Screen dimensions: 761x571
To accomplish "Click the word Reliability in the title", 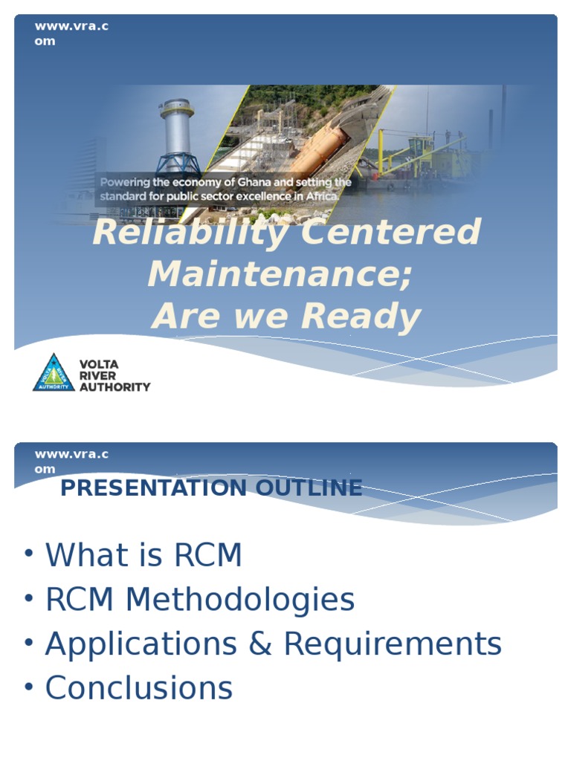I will pyautogui.click(x=190, y=233).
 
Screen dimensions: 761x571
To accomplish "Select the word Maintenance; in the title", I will pyautogui.click(x=280, y=274).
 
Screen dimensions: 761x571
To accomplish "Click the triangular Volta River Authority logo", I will pyautogui.click(x=54, y=373).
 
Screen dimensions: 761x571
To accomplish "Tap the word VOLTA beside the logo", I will pyautogui.click(x=99, y=364).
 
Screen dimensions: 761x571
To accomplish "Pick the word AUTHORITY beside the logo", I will pyautogui.click(x=114, y=386).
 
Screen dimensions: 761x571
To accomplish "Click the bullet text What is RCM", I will pyautogui.click(x=143, y=555).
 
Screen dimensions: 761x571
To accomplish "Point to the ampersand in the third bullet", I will pyautogui.click(x=260, y=644).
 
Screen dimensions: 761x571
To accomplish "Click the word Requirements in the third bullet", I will pyautogui.click(x=393, y=644).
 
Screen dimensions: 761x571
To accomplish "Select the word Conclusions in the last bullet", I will pyautogui.click(x=139, y=688).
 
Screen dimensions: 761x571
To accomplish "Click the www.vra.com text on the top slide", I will pyautogui.click(x=71, y=33).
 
